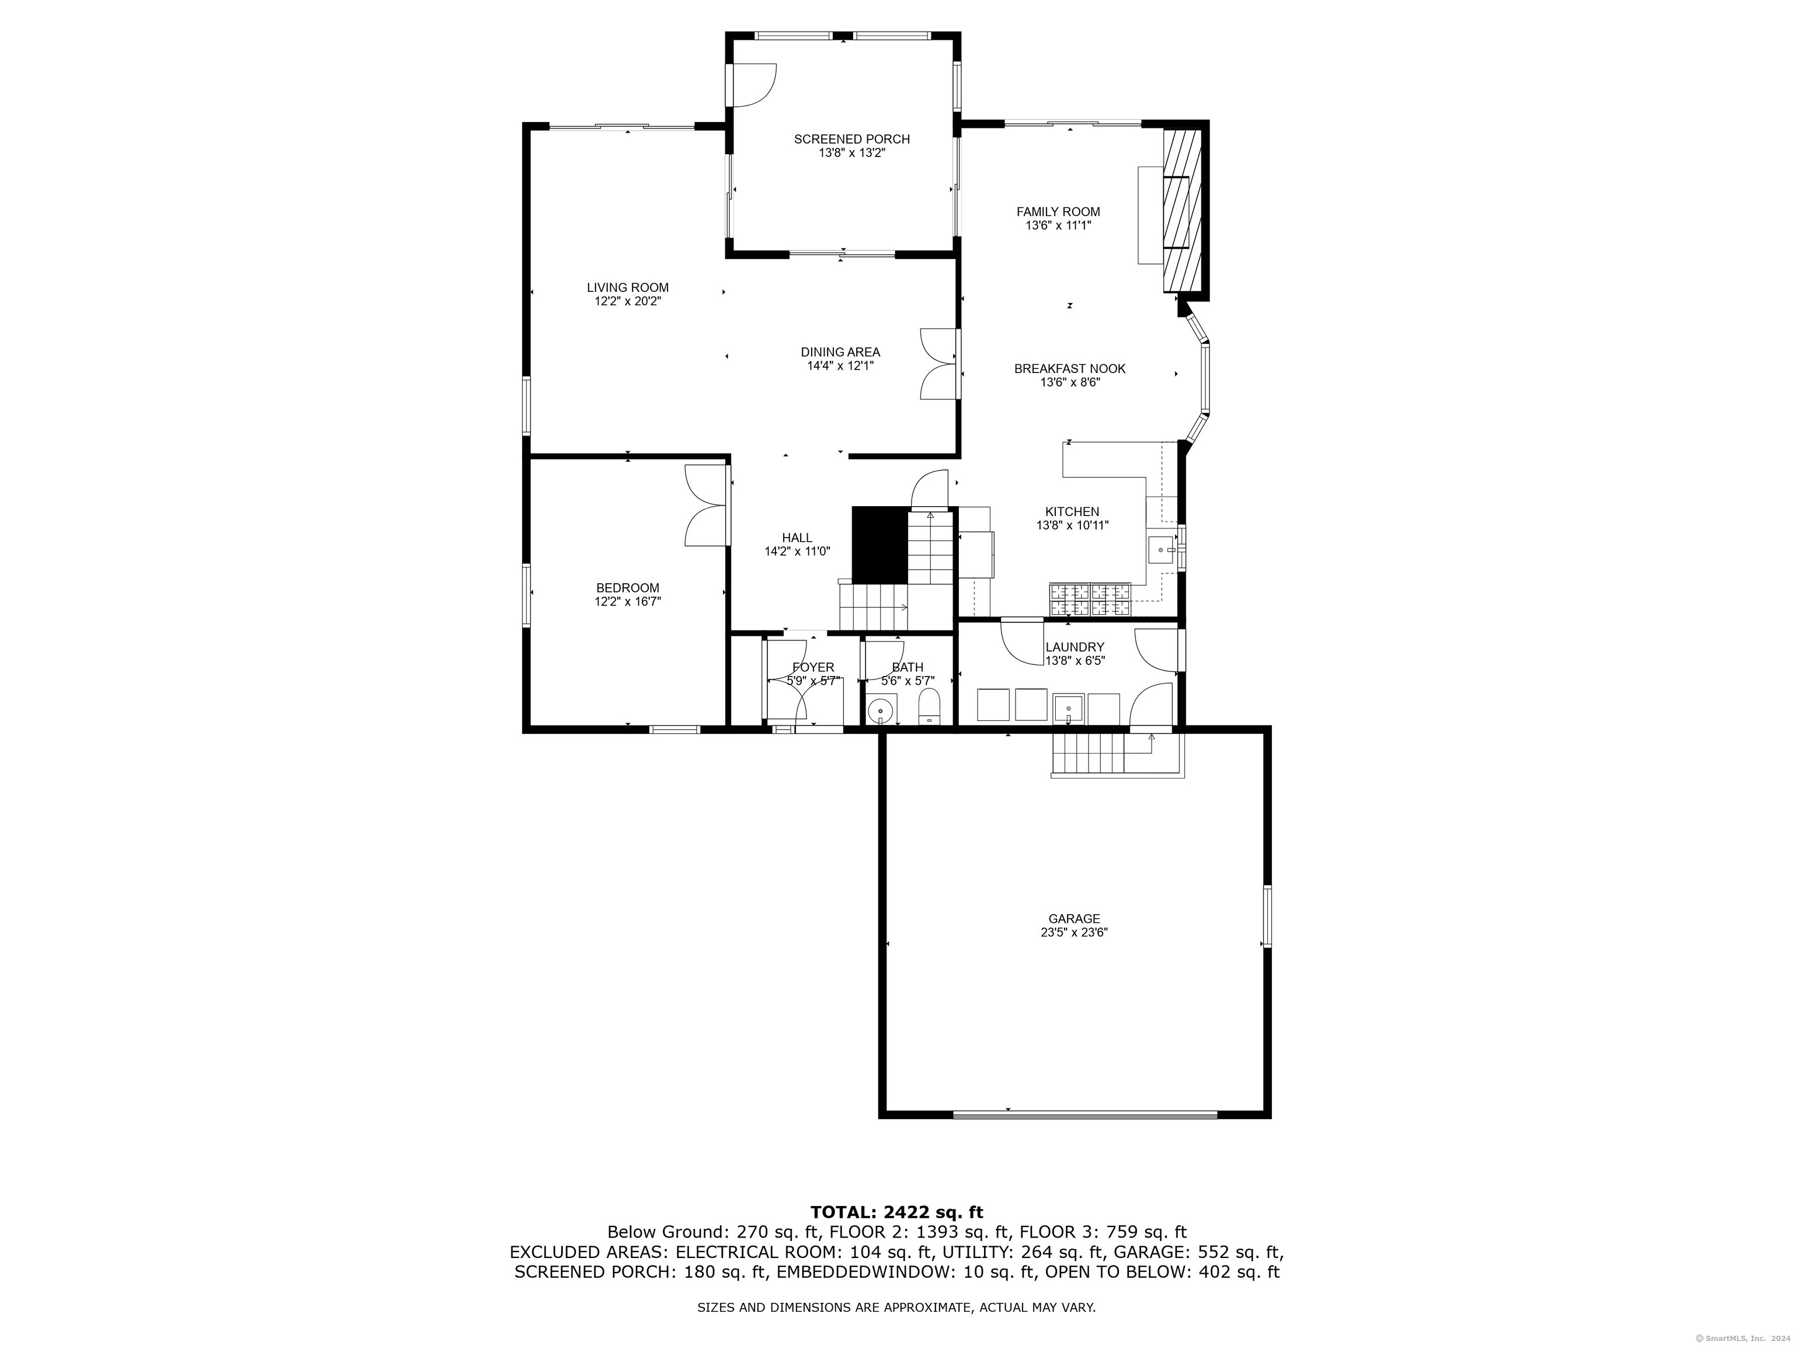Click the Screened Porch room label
(x=851, y=140)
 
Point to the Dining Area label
(x=840, y=353)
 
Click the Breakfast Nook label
(x=1070, y=369)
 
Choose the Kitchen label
(x=1072, y=511)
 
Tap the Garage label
(x=1074, y=918)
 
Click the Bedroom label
(x=628, y=588)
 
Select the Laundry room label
(x=1075, y=647)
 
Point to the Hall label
(x=797, y=538)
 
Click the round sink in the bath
(x=880, y=712)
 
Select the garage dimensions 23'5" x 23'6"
(x=1074, y=933)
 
